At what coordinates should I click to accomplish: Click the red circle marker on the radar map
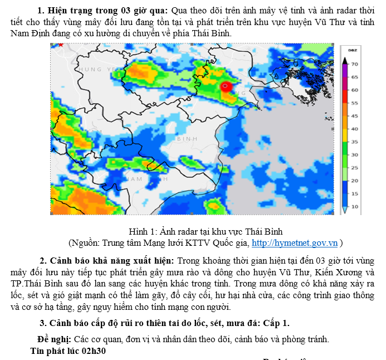click(x=226, y=86)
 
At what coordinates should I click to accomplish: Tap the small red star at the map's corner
click(x=61, y=44)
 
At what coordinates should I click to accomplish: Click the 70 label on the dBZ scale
click(x=355, y=64)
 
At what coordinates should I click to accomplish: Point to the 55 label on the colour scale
click(x=355, y=103)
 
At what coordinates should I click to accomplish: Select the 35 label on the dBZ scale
click(x=355, y=142)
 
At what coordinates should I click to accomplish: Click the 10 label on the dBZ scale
click(x=355, y=207)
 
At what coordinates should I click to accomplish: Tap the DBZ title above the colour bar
click(x=352, y=51)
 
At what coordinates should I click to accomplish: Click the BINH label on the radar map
click(x=187, y=138)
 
